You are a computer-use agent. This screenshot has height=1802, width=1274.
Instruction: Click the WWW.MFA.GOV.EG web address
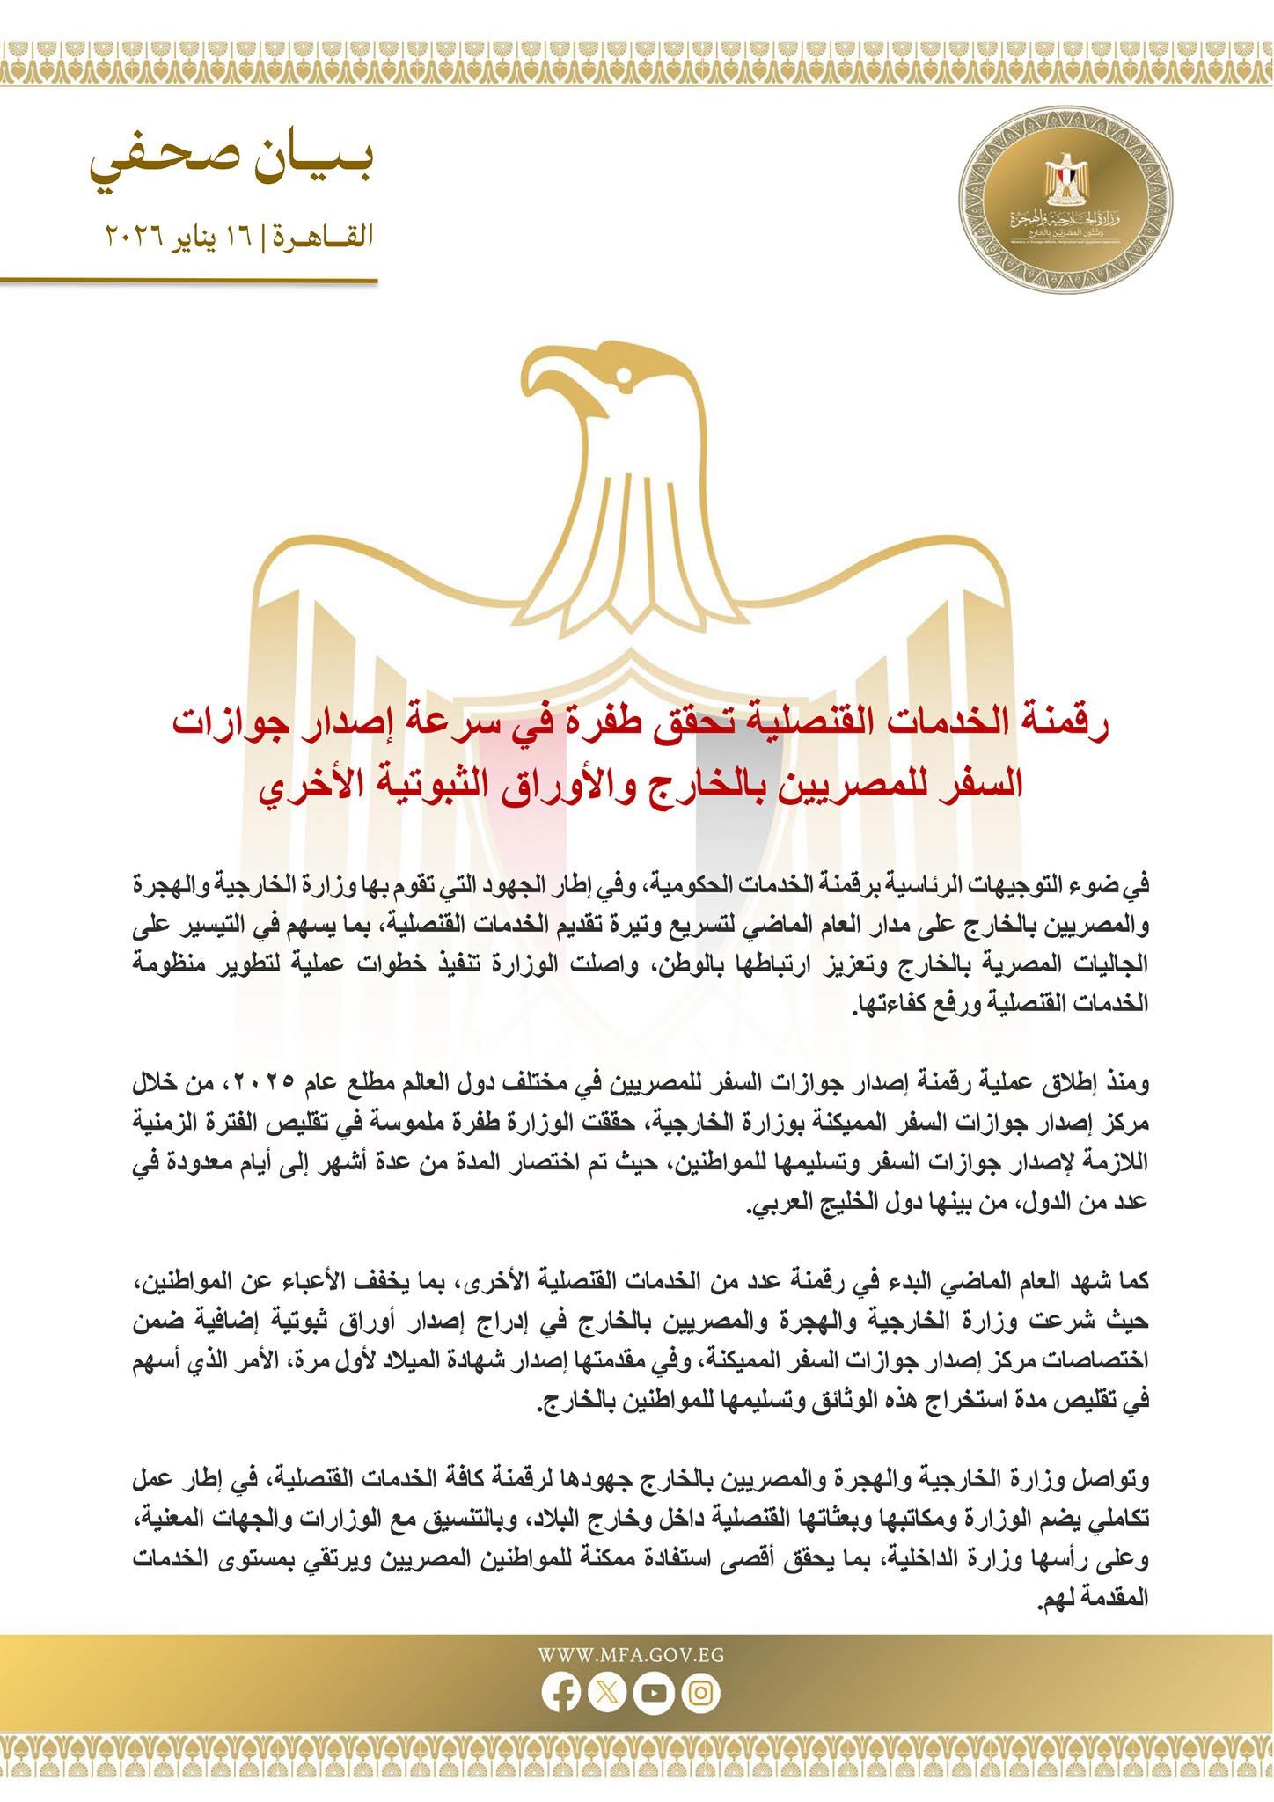(x=631, y=1654)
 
